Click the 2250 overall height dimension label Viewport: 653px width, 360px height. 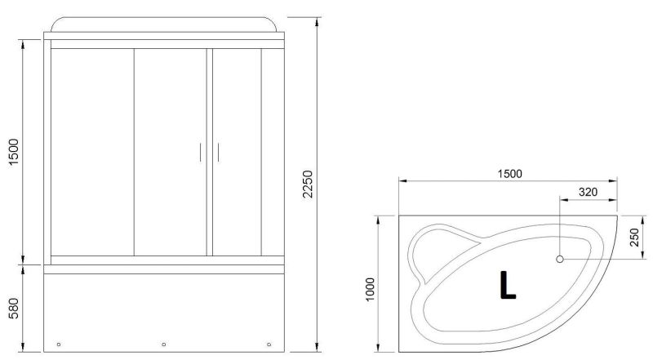pos(307,184)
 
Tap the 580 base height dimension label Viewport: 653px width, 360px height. pos(14,309)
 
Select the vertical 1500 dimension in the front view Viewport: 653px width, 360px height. pos(14,152)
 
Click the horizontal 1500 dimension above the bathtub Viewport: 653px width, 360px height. pos(509,174)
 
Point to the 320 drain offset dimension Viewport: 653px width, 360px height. pos(588,192)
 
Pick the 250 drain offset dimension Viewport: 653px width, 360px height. pos(634,238)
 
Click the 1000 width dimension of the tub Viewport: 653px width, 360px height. pos(370,290)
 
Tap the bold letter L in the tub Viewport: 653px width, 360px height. pos(507,285)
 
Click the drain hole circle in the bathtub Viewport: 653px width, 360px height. pos(560,259)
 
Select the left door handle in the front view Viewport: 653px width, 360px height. pos(200,152)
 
